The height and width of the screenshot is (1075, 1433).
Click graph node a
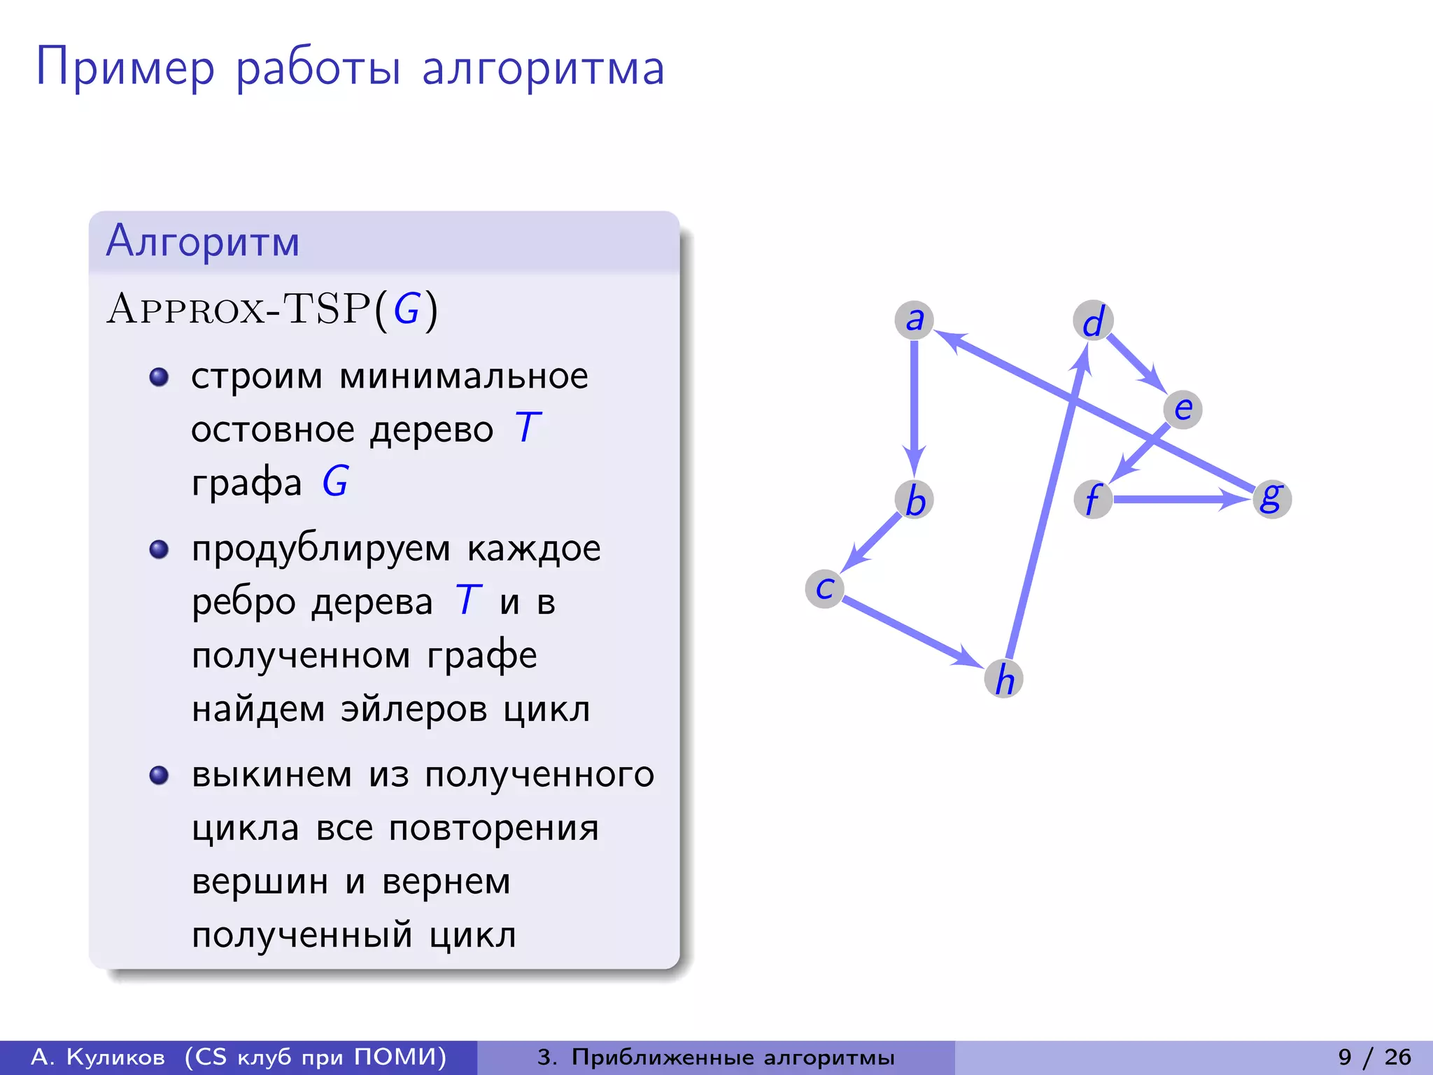(x=914, y=320)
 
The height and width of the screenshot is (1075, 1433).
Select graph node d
(x=1093, y=321)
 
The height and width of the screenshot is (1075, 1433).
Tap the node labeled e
(x=1183, y=409)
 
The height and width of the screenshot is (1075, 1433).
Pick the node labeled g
(x=1271, y=498)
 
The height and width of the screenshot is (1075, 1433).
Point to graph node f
(x=1093, y=499)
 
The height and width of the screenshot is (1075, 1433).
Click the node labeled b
(x=915, y=500)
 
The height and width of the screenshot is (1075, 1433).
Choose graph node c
(x=825, y=589)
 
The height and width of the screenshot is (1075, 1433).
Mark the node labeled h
(x=1004, y=678)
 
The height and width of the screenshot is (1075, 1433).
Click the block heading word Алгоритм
(x=203, y=241)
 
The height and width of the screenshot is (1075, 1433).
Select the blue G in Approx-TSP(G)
(x=407, y=309)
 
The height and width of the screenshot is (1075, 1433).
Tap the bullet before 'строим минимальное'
(x=160, y=377)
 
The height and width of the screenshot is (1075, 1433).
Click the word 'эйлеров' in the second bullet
(x=414, y=709)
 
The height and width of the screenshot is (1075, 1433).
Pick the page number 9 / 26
(x=1374, y=1057)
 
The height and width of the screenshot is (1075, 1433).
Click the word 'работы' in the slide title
(x=318, y=69)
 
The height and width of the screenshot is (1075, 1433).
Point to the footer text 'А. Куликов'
(x=99, y=1057)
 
